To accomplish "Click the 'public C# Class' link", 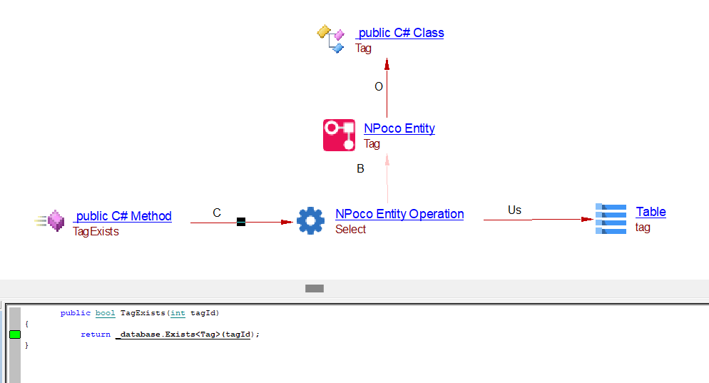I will pos(400,33).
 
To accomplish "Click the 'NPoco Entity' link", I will pos(399,128).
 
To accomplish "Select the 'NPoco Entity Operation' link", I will pos(399,214).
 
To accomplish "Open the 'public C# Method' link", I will pos(123,216).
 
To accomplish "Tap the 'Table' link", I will pos(651,212).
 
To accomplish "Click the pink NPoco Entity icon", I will pos(339,136).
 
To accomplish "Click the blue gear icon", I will pos(310,221).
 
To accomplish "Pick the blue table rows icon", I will pos(611,219).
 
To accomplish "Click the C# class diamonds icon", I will pos(331,39).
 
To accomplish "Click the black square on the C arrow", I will pos(241,223).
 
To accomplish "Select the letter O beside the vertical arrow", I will pos(379,86).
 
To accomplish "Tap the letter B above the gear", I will pos(360,169).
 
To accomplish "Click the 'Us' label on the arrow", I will pos(514,210).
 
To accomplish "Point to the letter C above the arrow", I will pos(217,213).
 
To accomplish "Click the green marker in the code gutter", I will pos(15,335).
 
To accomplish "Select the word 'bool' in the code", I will pos(105,313).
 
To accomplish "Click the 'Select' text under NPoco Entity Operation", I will pos(350,230).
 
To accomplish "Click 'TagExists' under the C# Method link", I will pos(96,232).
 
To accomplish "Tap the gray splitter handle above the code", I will pos(314,288).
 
